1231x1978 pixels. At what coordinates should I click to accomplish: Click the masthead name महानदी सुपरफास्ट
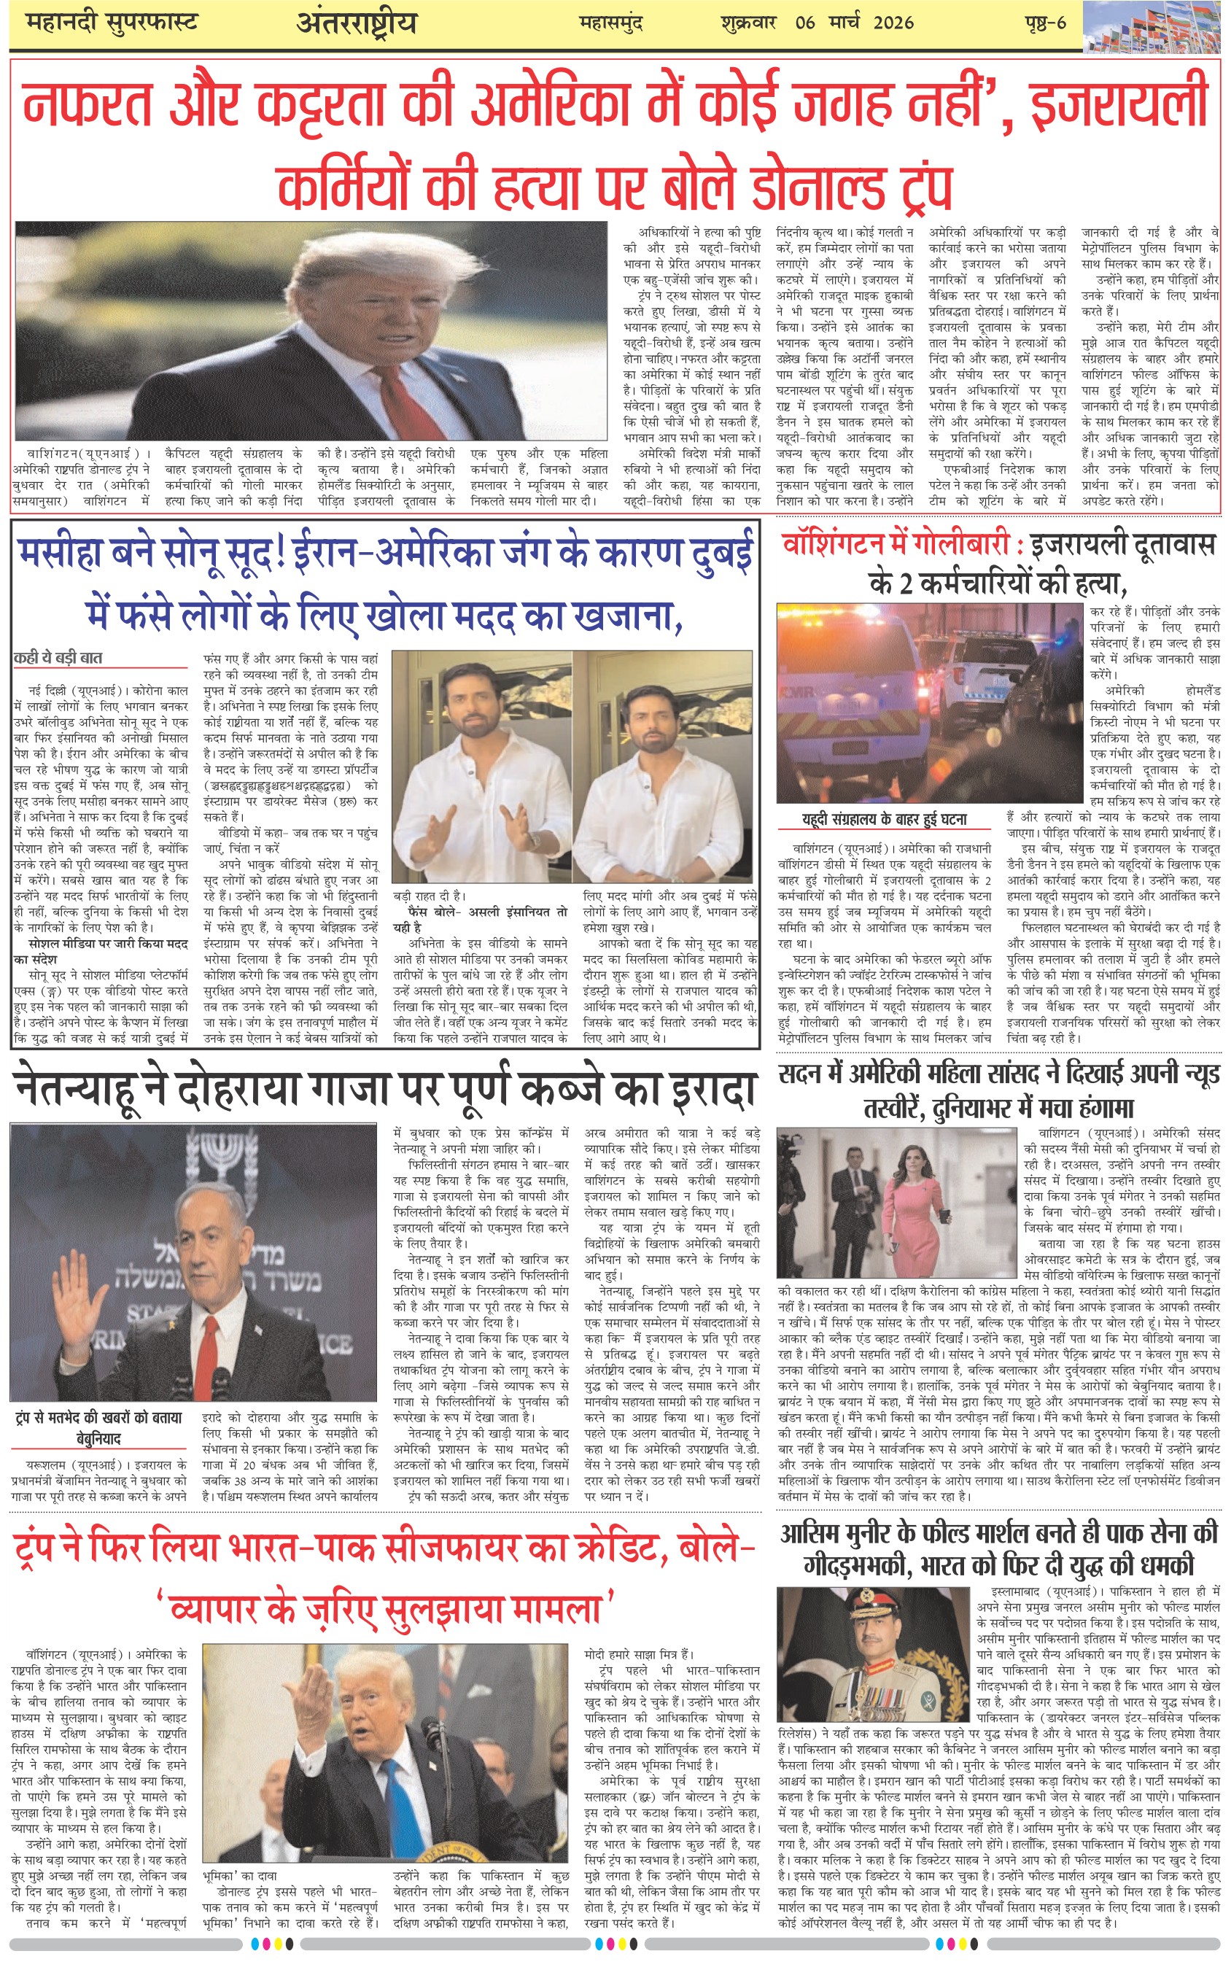click(112, 22)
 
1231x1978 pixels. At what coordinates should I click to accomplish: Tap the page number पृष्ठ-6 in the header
click(1045, 22)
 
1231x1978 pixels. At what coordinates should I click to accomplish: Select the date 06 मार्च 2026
click(854, 22)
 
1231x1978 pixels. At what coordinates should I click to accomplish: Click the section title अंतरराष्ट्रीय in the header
click(356, 23)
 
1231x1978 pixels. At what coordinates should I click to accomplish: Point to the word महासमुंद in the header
click(610, 23)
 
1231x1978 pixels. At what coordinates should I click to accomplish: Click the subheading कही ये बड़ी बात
click(58, 657)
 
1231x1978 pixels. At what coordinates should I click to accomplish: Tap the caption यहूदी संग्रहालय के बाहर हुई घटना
click(884, 819)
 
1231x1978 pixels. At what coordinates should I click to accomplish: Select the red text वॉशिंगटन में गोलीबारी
click(901, 545)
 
